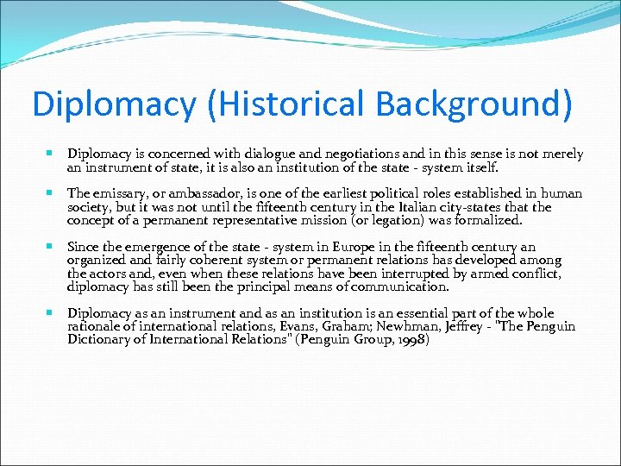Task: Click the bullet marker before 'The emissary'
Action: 52,193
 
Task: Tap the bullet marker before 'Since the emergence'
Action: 52,247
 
